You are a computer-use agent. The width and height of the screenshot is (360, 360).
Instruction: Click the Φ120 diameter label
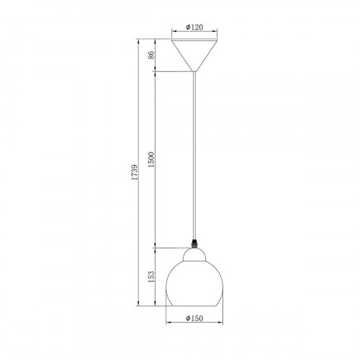[x=194, y=27]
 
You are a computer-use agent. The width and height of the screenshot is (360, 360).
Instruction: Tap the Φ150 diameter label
[x=194, y=318]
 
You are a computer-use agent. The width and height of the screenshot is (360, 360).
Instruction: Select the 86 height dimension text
[x=151, y=55]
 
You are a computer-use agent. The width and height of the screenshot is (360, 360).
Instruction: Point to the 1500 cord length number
[x=151, y=160]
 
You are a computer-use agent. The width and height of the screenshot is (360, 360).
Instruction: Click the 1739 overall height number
[x=135, y=172]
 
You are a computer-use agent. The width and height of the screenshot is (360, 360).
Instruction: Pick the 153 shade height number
[x=151, y=276]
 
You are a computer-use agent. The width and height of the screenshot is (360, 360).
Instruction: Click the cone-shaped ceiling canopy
[x=194, y=55]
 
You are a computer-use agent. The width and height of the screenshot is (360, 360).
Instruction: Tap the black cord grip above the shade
[x=194, y=244]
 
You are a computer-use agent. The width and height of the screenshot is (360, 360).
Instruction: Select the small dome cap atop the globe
[x=194, y=255]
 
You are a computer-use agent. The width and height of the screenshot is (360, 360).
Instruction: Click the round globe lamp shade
[x=194, y=284]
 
